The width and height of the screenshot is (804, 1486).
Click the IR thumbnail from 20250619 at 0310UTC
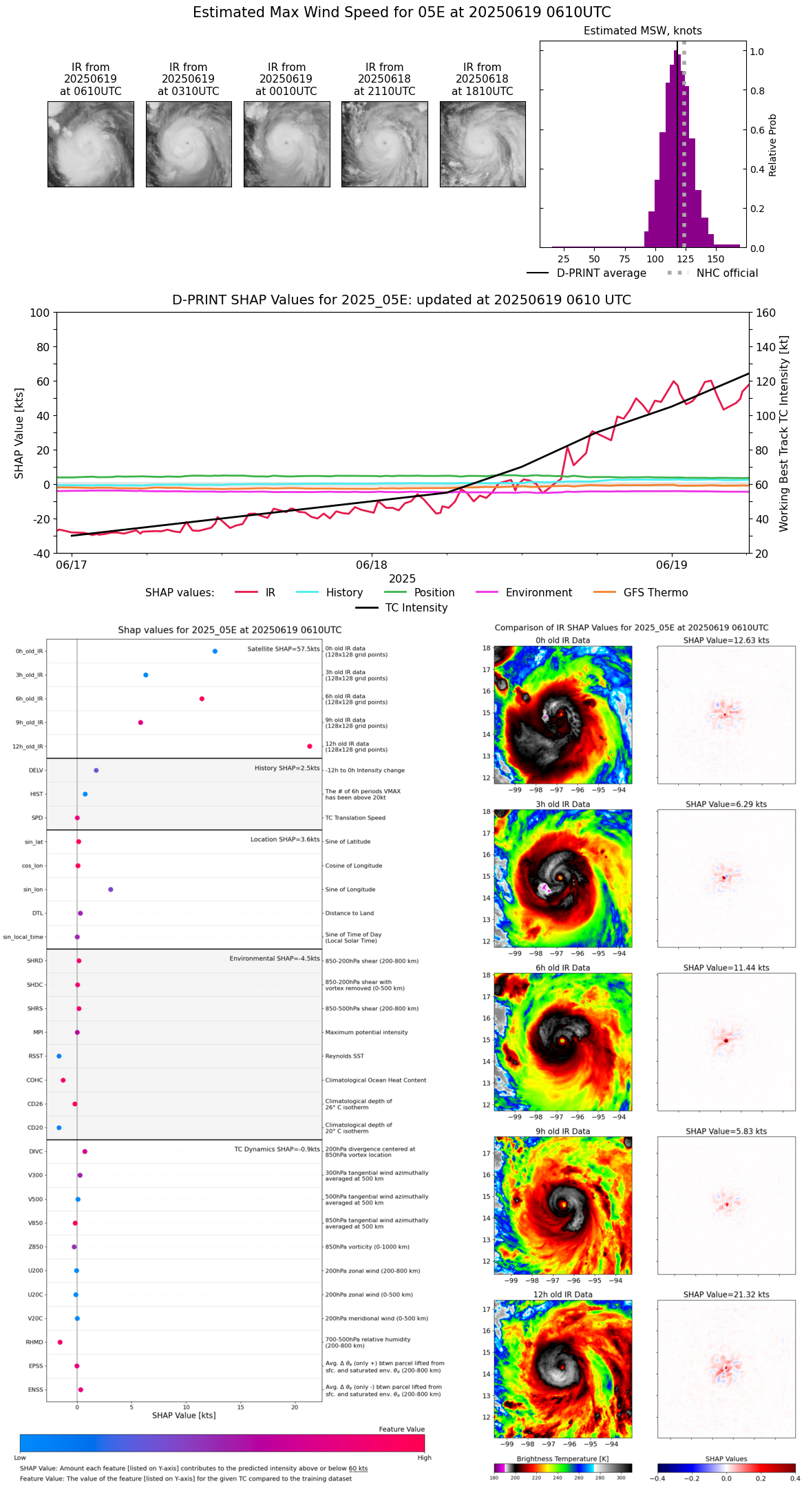pyautogui.click(x=189, y=144)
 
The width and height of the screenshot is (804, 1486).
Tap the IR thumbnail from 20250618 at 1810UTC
pyautogui.click(x=483, y=144)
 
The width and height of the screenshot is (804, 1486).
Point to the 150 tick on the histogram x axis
pyautogui.click(x=716, y=260)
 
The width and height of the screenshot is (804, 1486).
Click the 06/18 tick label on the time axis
pyautogui.click(x=372, y=565)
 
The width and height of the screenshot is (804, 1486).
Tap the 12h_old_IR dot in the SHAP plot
pyautogui.click(x=310, y=746)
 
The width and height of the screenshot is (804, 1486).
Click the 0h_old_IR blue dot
pyautogui.click(x=215, y=651)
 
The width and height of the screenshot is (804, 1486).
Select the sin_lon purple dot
pyautogui.click(x=110, y=890)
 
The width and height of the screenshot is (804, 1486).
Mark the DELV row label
pyautogui.click(x=36, y=771)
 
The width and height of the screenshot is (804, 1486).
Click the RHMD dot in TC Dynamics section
pyautogui.click(x=60, y=1342)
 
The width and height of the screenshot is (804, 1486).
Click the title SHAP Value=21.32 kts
pyautogui.click(x=726, y=1295)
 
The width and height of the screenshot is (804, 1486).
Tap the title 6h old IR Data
pyautogui.click(x=562, y=967)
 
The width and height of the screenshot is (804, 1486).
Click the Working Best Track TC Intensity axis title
pyautogui.click(x=784, y=434)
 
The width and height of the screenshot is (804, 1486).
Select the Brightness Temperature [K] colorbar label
pyautogui.click(x=562, y=1458)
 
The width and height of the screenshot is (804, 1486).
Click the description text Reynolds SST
pyautogui.click(x=345, y=1056)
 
